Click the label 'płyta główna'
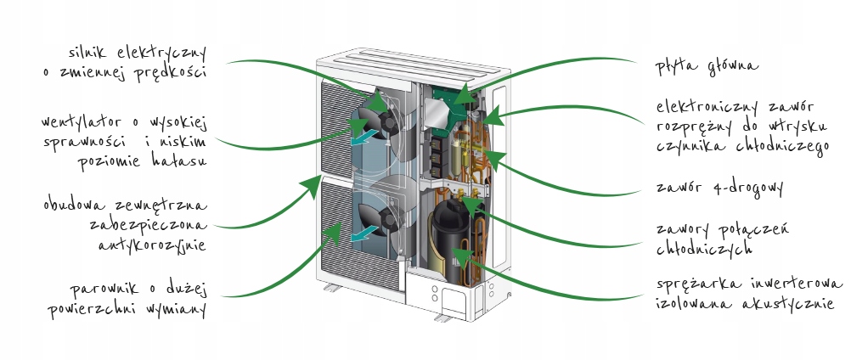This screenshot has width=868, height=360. point(707,65)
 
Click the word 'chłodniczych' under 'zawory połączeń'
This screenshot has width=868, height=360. point(706,249)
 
